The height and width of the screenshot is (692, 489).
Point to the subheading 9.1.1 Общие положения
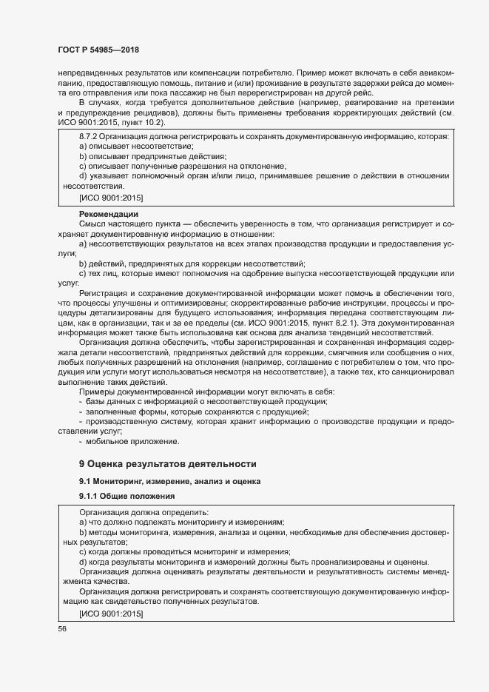pos(127,496)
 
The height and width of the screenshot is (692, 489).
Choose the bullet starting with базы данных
pos(207,401)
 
